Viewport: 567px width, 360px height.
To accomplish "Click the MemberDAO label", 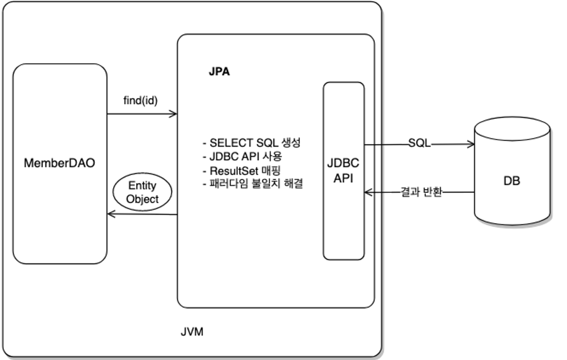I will tap(59, 163).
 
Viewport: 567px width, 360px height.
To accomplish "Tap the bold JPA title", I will tap(219, 72).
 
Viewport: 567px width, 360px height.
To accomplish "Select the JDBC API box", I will tap(343, 171).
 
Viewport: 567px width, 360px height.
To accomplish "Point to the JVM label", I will tap(192, 332).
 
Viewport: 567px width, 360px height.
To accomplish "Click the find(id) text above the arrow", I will tap(140, 100).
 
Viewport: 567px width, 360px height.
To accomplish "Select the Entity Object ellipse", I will tap(142, 192).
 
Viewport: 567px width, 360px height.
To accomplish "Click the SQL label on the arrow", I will tap(419, 144).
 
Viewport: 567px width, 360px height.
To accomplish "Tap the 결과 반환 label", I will tap(421, 192).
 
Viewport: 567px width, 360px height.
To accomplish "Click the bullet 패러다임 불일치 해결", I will tap(253, 183).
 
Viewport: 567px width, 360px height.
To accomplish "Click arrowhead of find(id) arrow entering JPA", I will tap(174, 114).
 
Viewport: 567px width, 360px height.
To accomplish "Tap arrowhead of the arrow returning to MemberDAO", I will tap(110, 214).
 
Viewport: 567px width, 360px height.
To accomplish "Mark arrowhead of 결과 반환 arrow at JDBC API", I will tap(368, 192).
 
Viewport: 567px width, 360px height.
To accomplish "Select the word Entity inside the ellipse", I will tap(142, 186).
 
